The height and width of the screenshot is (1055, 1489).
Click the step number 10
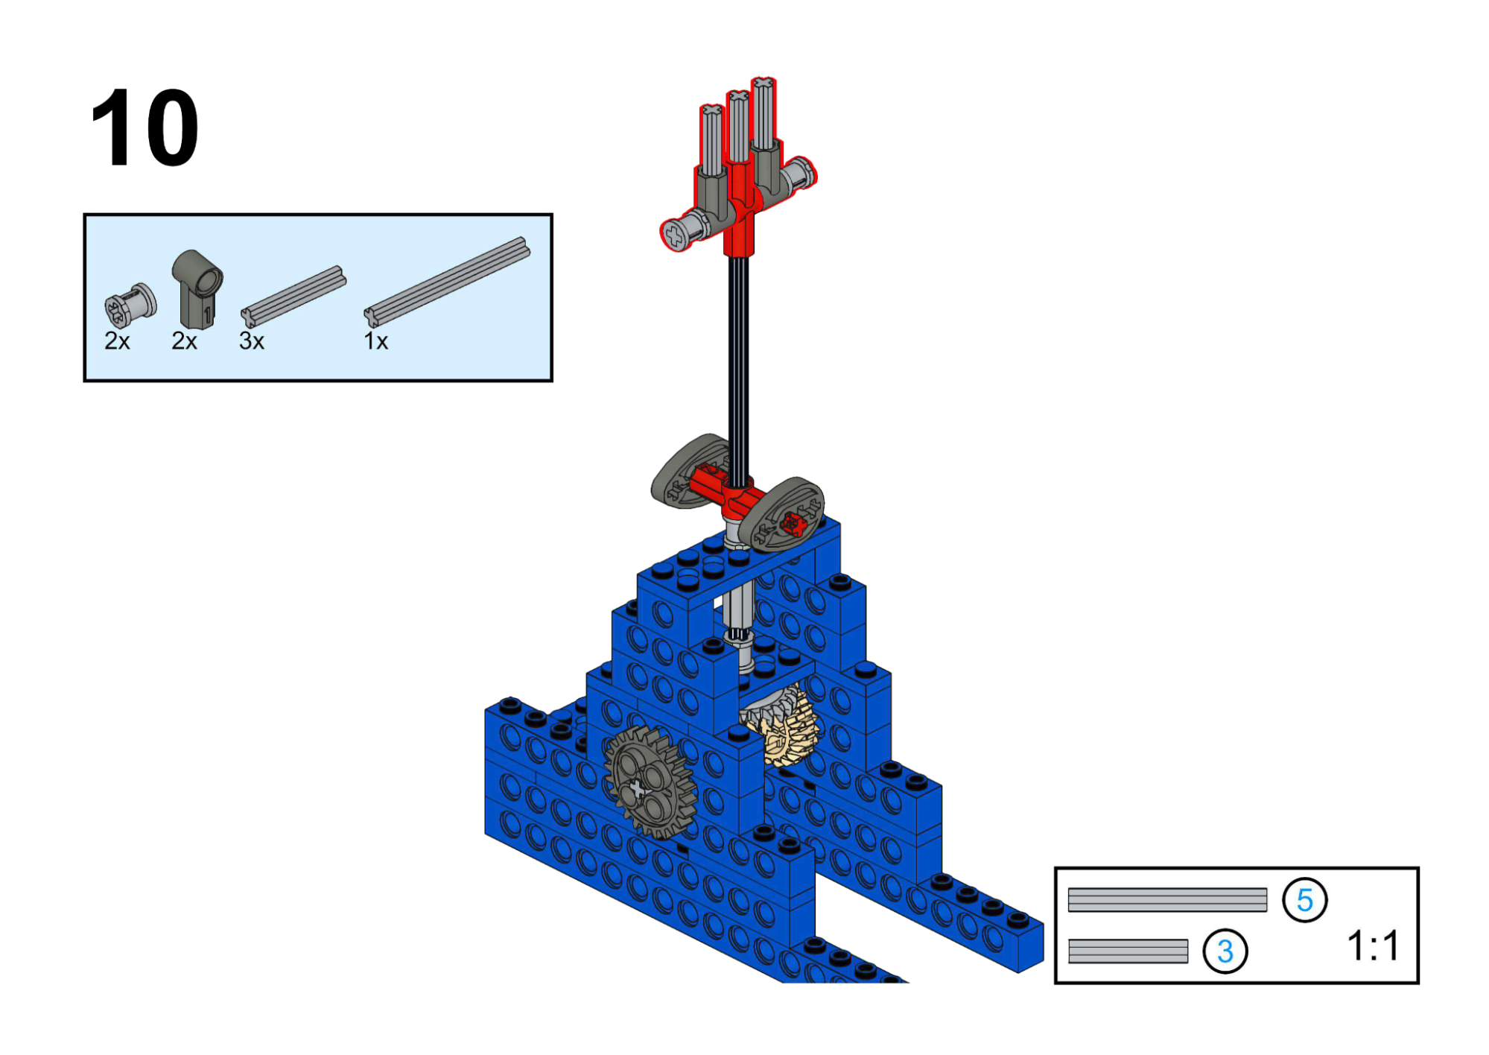[145, 127]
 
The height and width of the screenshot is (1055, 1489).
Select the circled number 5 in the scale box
[1304, 900]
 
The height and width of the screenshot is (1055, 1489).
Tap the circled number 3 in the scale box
[1225, 951]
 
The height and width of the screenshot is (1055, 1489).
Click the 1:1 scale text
[1373, 945]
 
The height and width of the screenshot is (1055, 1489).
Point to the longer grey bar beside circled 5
[1167, 900]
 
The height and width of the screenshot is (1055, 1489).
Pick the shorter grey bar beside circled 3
[1128, 951]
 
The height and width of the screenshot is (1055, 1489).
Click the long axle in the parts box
[447, 282]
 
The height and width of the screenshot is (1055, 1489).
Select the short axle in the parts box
[293, 297]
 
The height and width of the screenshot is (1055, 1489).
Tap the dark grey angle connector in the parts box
[197, 289]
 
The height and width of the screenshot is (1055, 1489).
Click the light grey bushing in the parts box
[130, 305]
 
